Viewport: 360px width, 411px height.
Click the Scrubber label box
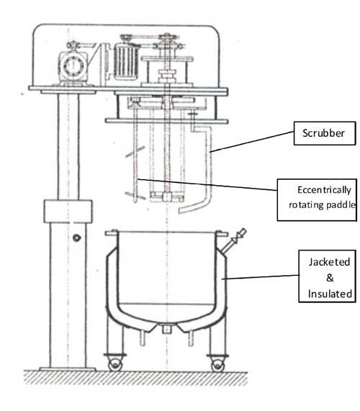(x=325, y=133)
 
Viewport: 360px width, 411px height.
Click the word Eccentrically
(x=324, y=190)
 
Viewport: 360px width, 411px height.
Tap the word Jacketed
(x=329, y=262)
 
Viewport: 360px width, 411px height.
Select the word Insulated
(x=330, y=294)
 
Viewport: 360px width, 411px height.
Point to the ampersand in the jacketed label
(x=330, y=278)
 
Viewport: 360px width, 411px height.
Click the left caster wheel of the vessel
(x=115, y=364)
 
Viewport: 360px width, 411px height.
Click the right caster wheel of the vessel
(x=217, y=364)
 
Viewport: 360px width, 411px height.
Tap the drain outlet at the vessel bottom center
(x=167, y=328)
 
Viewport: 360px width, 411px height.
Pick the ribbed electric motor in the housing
(x=126, y=62)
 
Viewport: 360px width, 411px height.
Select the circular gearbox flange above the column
(x=73, y=66)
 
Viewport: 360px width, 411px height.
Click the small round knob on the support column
(x=76, y=238)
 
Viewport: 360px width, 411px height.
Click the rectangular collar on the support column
(x=68, y=212)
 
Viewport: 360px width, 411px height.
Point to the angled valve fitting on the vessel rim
(x=234, y=240)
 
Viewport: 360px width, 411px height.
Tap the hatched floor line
(x=136, y=377)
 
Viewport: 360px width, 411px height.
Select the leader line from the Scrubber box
(x=251, y=142)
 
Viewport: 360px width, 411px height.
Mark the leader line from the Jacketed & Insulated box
(x=261, y=277)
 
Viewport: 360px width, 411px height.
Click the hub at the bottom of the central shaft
(x=166, y=197)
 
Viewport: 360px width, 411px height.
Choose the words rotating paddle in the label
(x=322, y=204)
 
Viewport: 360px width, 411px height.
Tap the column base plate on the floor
(x=68, y=369)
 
